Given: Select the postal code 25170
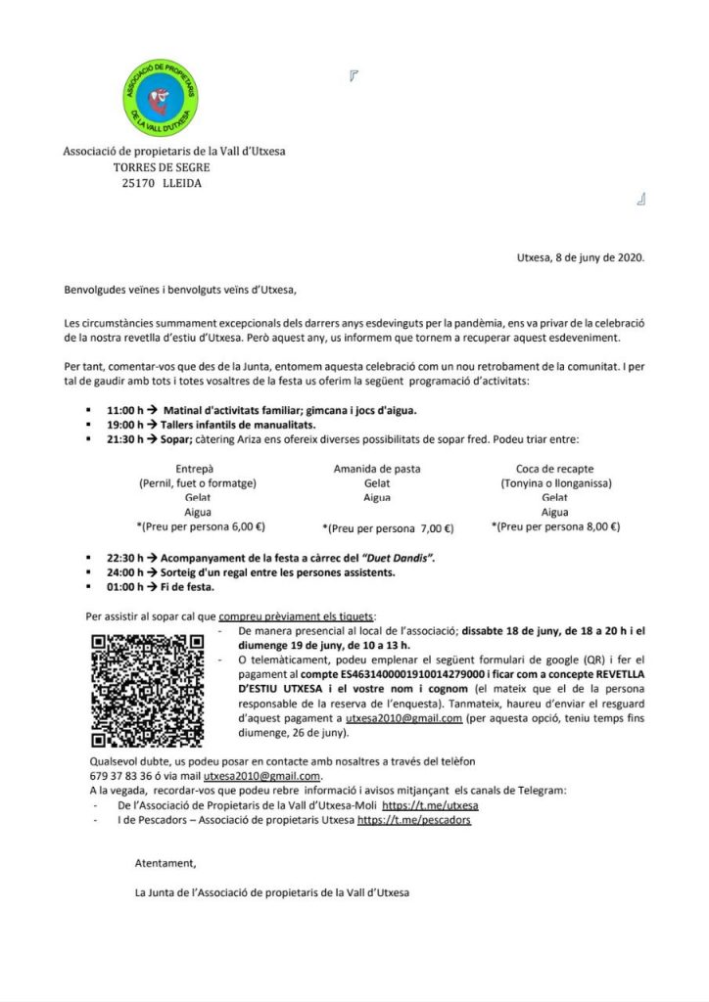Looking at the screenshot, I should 134,183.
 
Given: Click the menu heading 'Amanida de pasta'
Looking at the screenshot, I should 377,469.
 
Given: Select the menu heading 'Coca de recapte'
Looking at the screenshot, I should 554,469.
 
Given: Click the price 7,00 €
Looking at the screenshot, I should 433,529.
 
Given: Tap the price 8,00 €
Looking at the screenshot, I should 598,525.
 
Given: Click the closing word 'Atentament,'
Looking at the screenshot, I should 165,863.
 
